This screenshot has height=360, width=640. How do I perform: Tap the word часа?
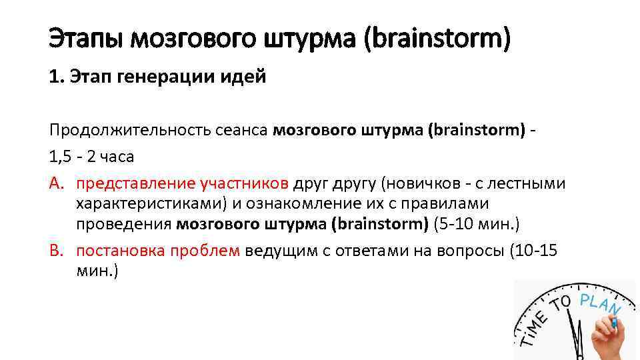pos(117,157)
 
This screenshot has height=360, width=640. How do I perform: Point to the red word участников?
pos(243,183)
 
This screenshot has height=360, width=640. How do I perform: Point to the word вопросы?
pos(471,251)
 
